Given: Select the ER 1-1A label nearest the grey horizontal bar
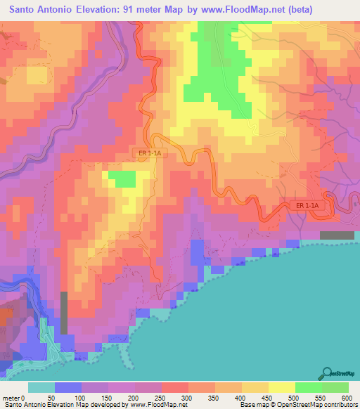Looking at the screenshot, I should click(x=307, y=205).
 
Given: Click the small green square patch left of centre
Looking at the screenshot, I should click(x=122, y=179).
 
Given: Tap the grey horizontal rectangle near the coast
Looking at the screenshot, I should click(x=337, y=235).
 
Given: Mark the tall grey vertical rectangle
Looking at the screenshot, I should click(x=64, y=313).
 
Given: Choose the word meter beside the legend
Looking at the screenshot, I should click(x=11, y=397).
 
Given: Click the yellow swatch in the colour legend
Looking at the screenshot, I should click(x=281, y=387).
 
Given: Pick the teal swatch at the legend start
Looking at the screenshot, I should click(x=41, y=387).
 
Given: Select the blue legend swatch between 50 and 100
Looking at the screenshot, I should click(x=68, y=387).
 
